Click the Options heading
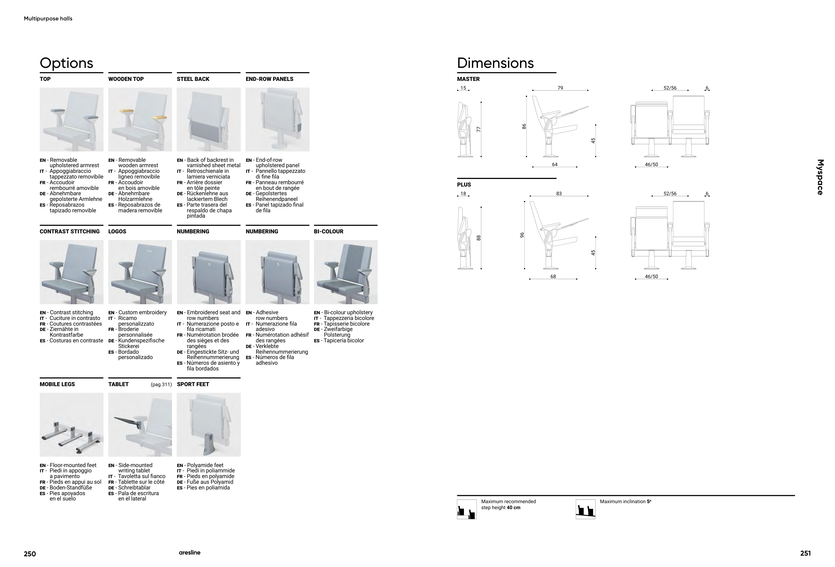coord(66,63)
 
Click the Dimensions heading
coord(495,63)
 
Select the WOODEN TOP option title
coord(126,79)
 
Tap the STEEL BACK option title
coord(193,79)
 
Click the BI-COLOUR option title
coord(328,232)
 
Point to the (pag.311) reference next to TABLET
coord(161,384)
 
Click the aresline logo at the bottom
coord(190,553)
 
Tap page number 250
coord(30,554)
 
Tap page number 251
coord(805,553)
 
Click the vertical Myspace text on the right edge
coord(820,177)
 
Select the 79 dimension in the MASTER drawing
coord(560,88)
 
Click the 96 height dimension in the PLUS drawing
coord(522,235)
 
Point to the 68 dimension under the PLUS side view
coord(553,276)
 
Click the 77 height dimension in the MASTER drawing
coord(478,129)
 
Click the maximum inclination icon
coord(585,509)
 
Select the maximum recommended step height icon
coord(467,509)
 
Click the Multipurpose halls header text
coord(48,19)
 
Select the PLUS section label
coord(464,185)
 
